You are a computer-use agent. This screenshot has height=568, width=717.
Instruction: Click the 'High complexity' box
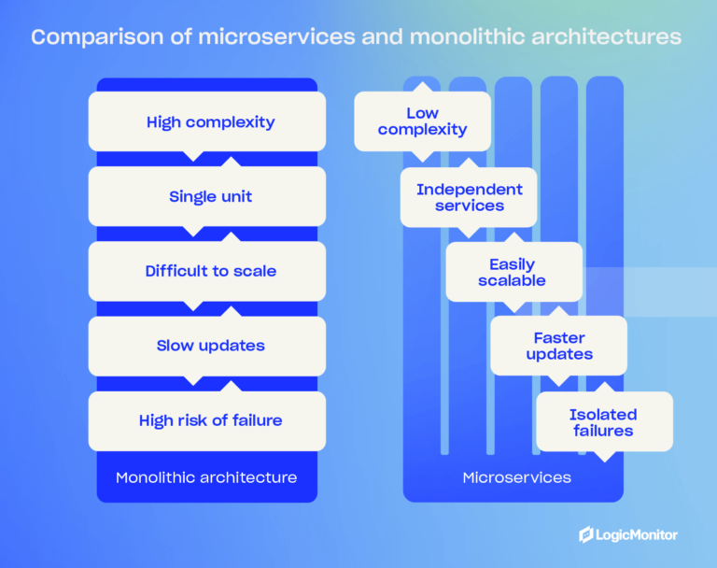coord(207,121)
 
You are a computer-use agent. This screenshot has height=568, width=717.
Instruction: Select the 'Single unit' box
coord(207,196)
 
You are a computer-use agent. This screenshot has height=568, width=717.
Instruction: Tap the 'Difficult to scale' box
coord(207,271)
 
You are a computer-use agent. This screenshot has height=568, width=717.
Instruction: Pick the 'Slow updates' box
coord(207,346)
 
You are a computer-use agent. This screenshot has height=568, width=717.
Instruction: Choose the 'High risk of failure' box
coord(207,420)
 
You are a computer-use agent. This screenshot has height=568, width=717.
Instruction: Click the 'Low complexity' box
coord(422,121)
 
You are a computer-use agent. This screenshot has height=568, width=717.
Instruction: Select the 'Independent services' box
coord(469,197)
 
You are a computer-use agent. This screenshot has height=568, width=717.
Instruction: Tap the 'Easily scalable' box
coord(513,272)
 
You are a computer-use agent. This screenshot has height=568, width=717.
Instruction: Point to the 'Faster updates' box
coord(558,346)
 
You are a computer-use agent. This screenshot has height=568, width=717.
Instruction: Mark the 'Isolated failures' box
coord(603,422)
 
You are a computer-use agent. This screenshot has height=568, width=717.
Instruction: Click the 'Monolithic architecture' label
coord(206,477)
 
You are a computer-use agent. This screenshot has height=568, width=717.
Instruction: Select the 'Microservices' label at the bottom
coord(516,477)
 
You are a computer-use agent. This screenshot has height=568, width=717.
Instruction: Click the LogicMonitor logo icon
coord(586,534)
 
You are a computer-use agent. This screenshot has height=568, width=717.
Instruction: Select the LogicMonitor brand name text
coord(639,534)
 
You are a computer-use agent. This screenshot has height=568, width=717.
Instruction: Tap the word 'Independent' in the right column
coord(469,190)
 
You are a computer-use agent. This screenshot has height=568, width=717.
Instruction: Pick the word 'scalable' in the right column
coord(513,280)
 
